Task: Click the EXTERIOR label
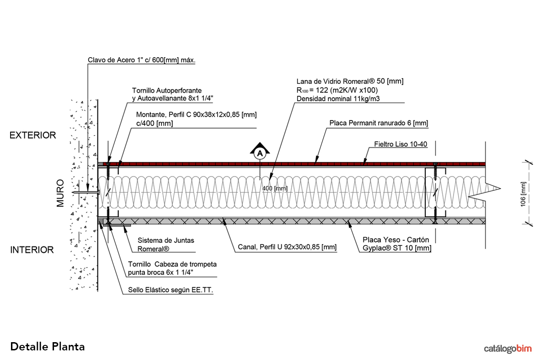[33, 135]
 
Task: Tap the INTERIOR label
[32, 250]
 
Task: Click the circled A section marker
[260, 154]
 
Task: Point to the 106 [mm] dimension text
[524, 194]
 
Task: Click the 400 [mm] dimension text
[275, 188]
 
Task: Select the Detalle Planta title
[47, 346]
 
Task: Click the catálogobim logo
[508, 349]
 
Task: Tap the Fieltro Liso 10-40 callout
[401, 145]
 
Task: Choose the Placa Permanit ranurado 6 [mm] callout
[379, 123]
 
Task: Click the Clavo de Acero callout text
[141, 60]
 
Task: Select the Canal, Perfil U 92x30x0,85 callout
[287, 247]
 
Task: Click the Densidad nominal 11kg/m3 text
[339, 98]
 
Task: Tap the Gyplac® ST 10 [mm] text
[396, 248]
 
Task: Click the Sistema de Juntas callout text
[166, 240]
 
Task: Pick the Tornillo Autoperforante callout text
[167, 91]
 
